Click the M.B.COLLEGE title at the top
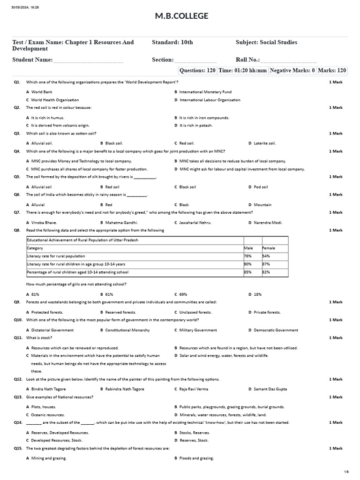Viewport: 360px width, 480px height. tap(181, 17)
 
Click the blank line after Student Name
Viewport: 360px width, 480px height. tap(88, 61)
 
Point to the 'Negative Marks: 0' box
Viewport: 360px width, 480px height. tap(292, 70)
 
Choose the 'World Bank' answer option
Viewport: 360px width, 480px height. tap(42, 92)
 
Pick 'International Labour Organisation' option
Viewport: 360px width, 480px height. tap(210, 100)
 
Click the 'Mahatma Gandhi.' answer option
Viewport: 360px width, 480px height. tap(121, 223)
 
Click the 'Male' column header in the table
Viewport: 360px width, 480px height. tap(248, 248)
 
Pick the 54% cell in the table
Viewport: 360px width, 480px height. tap(266, 256)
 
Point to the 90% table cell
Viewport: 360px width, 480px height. tap(248, 264)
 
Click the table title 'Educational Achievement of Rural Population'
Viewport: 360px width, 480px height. tap(82, 240)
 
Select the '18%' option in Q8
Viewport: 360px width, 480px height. tap(258, 294)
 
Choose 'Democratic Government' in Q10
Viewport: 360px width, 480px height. tap(276, 330)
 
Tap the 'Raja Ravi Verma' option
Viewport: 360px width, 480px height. tap(194, 389)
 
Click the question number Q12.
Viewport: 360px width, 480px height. tap(18, 379)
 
